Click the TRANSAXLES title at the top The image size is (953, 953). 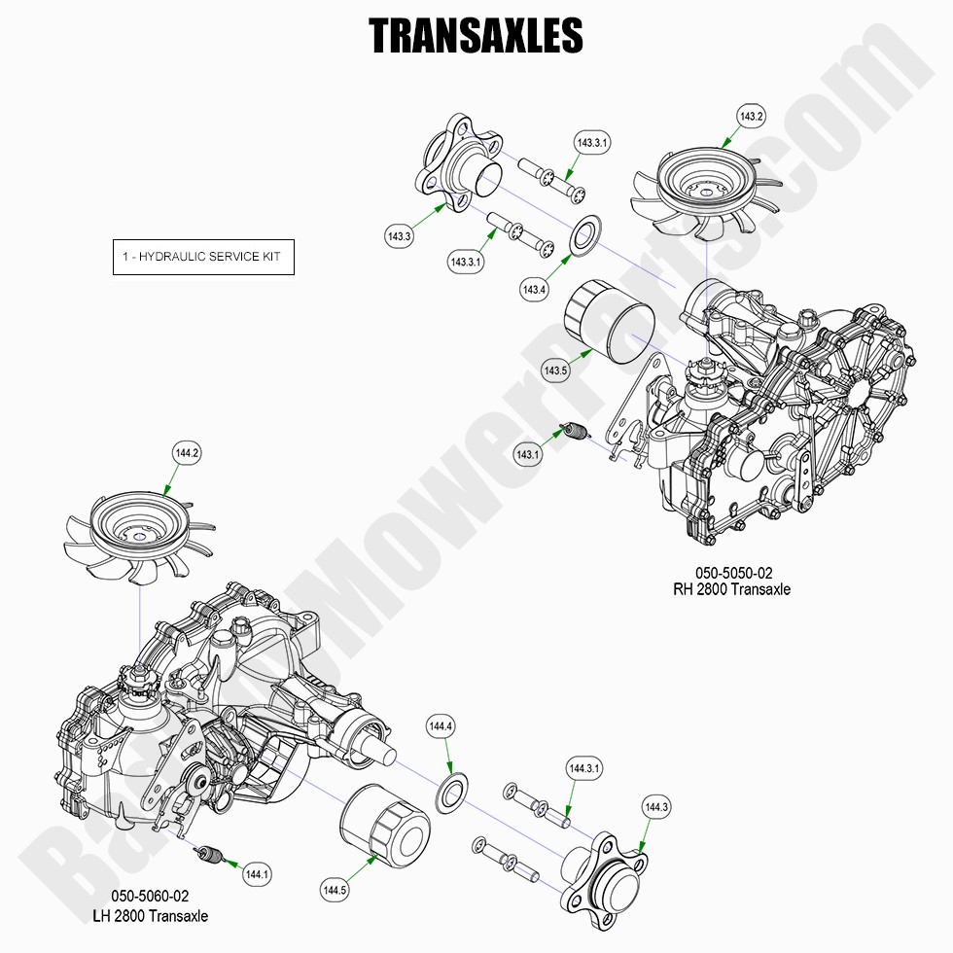tap(476, 36)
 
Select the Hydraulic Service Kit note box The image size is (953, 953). tap(203, 257)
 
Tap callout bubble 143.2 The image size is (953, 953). tap(752, 117)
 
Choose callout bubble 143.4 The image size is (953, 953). tap(534, 289)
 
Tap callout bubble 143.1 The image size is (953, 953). tap(528, 454)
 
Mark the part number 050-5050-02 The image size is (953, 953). tap(733, 573)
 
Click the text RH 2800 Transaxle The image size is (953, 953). tap(732, 589)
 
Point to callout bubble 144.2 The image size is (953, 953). tap(187, 452)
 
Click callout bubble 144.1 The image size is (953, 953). tap(257, 874)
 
